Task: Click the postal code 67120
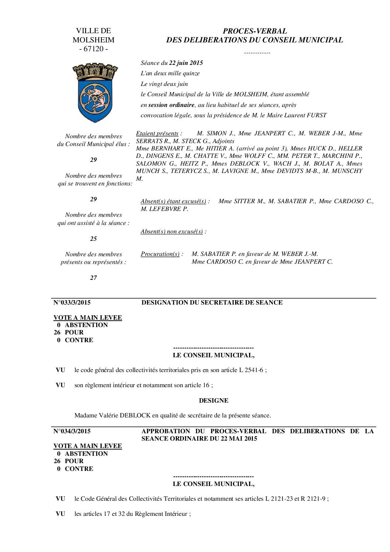pyautogui.click(x=94, y=49)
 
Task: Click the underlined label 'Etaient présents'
pyautogui.click(x=157, y=133)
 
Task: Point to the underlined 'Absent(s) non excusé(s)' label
pyautogui.click(x=172, y=232)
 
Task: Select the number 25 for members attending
pyautogui.click(x=94, y=239)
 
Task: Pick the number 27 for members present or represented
pyautogui.click(x=94, y=278)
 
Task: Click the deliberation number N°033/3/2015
pyautogui.click(x=72, y=303)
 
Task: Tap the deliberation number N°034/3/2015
pyautogui.click(x=72, y=431)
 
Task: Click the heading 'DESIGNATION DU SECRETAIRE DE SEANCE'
pyautogui.click(x=212, y=303)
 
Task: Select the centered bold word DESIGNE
pyautogui.click(x=213, y=400)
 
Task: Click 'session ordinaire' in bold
pyautogui.click(x=171, y=105)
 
